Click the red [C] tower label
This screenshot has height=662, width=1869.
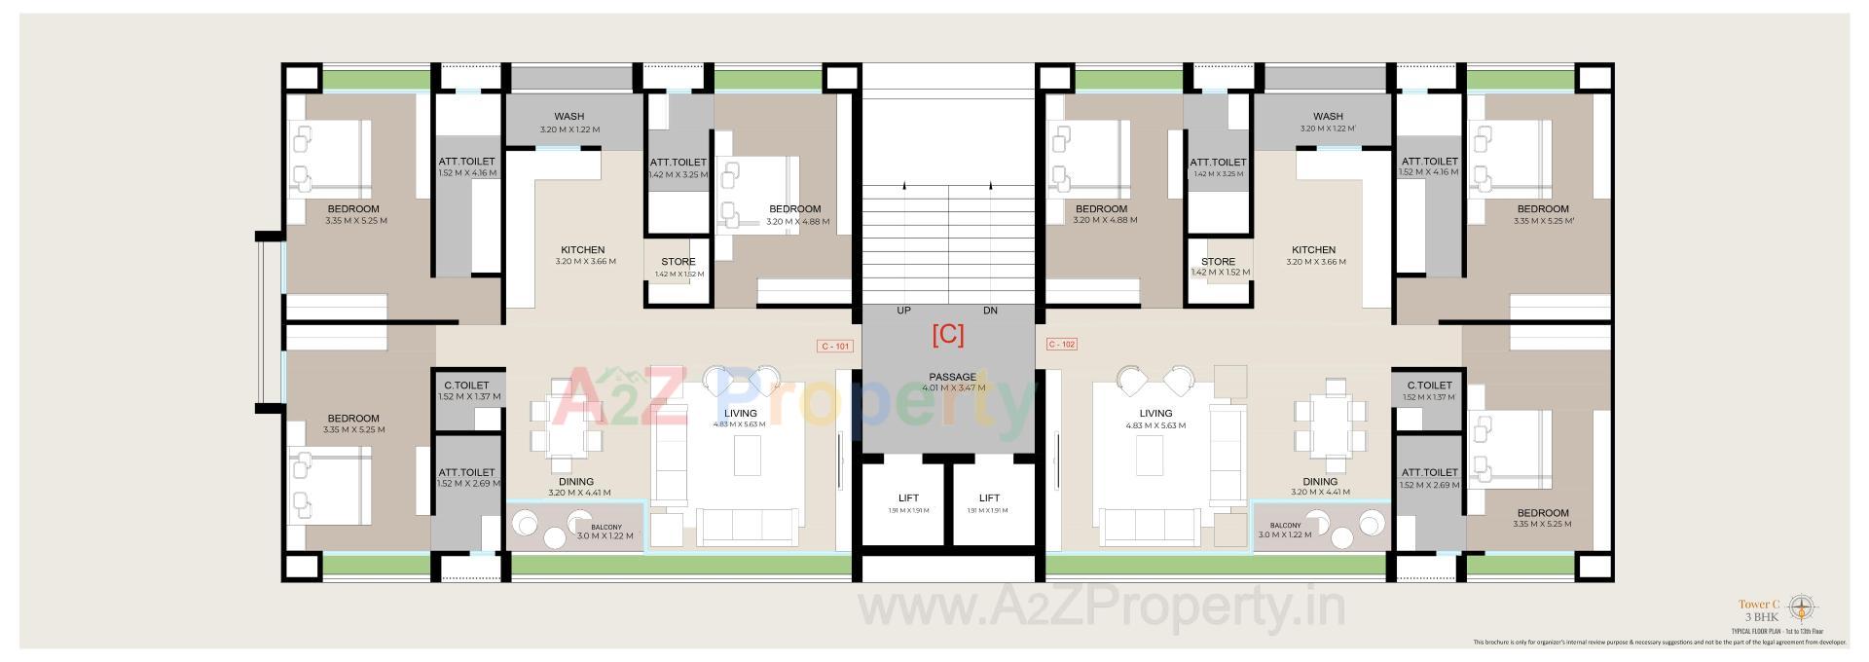click(x=947, y=336)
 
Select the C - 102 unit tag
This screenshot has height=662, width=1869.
click(x=1061, y=345)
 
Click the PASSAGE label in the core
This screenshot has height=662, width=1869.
click(x=952, y=377)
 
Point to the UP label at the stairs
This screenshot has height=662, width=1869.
click(x=903, y=311)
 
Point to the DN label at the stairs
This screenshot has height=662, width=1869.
click(x=990, y=311)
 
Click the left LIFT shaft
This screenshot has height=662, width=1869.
click(x=907, y=501)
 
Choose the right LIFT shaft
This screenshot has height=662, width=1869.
click(x=989, y=501)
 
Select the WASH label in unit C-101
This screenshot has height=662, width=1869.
click(x=568, y=117)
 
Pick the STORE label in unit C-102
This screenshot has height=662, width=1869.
click(x=1218, y=262)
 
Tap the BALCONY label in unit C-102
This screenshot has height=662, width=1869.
click(x=1285, y=527)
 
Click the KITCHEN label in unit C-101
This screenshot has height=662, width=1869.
click(x=582, y=250)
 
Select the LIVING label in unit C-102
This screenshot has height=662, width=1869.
click(x=1155, y=413)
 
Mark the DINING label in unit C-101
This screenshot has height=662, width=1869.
click(x=576, y=481)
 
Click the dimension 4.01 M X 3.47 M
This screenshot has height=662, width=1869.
click(x=953, y=388)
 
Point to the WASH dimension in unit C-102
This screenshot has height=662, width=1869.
click(x=1328, y=129)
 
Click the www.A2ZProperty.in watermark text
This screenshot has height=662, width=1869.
click(x=1100, y=608)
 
